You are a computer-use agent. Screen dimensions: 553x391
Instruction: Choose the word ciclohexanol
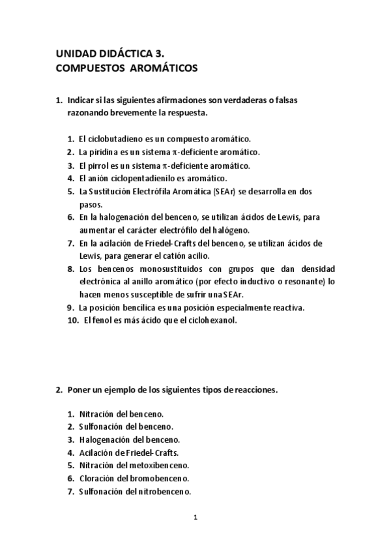point(212,320)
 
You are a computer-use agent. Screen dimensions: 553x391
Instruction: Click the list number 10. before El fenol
point(73,320)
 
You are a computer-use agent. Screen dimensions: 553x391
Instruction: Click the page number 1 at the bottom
point(195,518)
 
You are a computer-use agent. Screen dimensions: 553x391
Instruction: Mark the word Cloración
point(98,478)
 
